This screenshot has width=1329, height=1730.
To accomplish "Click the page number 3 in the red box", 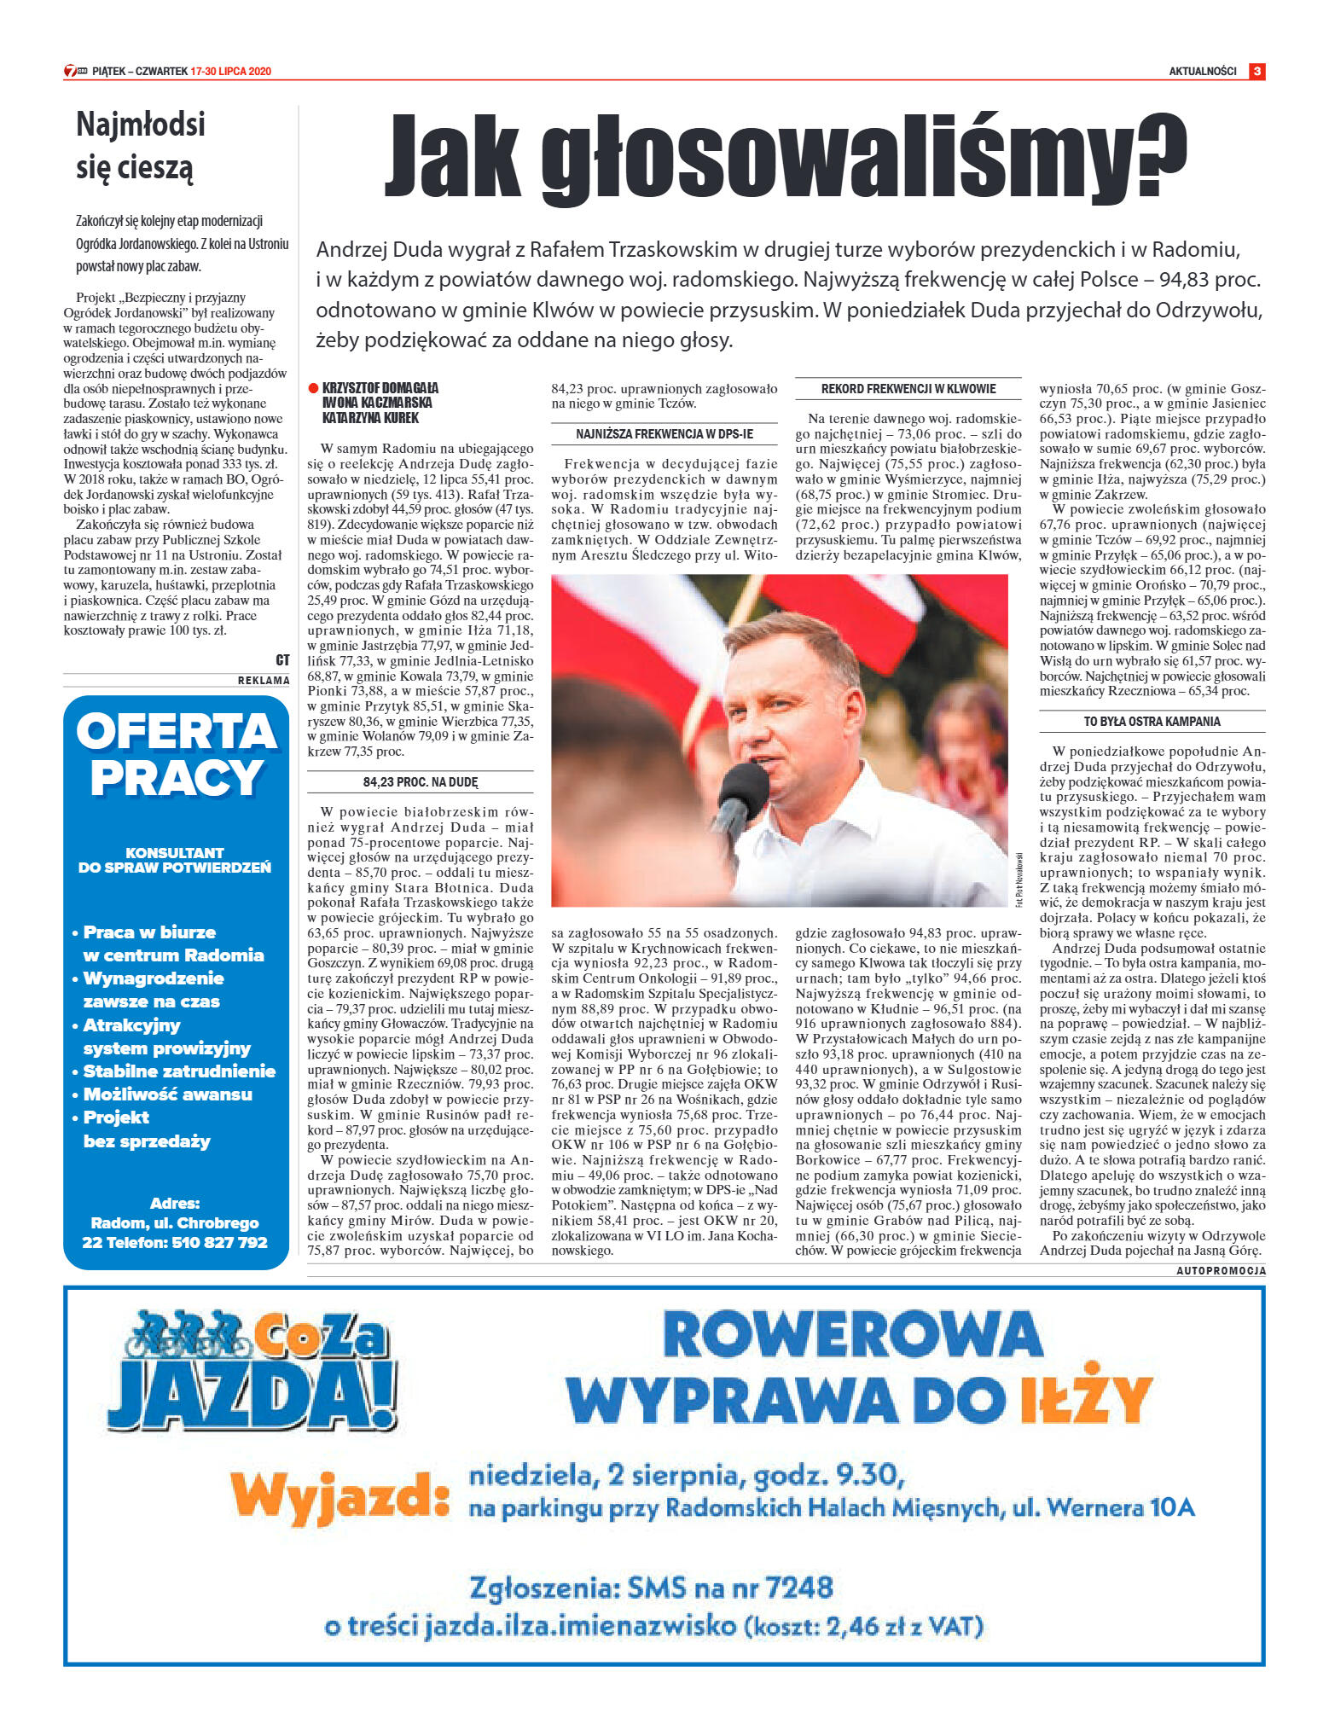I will click(x=1256, y=72).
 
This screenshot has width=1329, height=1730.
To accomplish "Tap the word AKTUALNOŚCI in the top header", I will click(x=1202, y=72).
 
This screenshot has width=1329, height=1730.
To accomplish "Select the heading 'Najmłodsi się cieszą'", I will click(x=141, y=146).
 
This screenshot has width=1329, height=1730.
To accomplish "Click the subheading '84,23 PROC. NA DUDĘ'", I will click(x=421, y=782).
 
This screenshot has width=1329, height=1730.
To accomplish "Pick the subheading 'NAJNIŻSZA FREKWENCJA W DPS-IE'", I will click(x=664, y=434).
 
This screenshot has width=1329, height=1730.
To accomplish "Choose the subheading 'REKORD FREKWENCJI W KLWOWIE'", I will click(x=908, y=389).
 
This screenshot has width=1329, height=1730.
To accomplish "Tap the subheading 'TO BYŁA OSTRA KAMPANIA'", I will click(x=1152, y=722).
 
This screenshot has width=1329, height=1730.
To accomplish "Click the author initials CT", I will click(x=282, y=660).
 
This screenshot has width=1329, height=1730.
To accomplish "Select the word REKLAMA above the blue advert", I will click(x=264, y=681).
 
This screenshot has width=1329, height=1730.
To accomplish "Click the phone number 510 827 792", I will click(x=220, y=1243).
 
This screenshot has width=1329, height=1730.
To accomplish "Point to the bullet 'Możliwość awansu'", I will click(x=167, y=1094).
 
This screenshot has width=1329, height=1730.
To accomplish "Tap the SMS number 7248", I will click(x=799, y=1588).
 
